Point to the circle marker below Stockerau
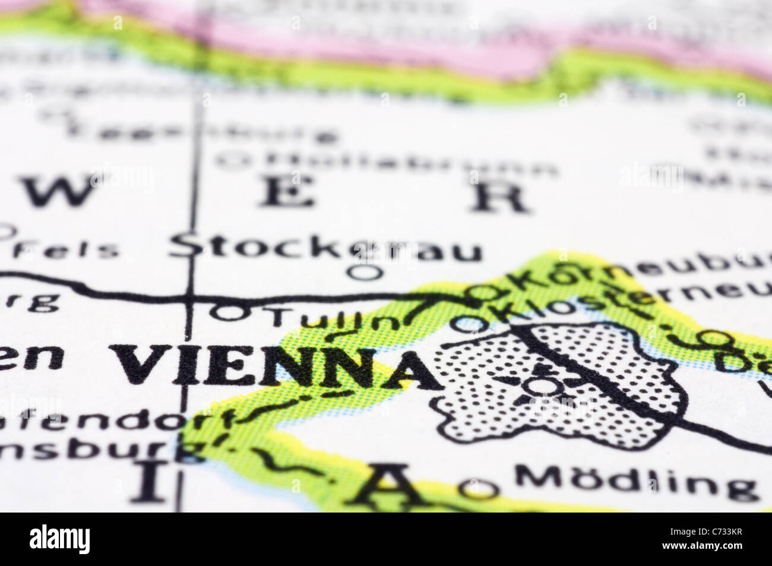tap(364, 273)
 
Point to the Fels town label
tap(65, 250)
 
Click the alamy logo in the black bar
tap(59, 539)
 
